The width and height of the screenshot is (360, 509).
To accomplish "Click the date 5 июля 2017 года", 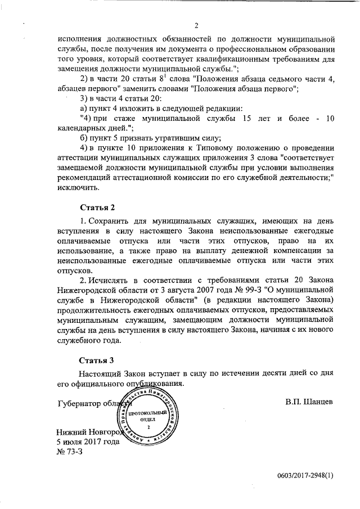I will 88,442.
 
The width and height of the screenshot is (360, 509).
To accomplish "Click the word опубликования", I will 154,384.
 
